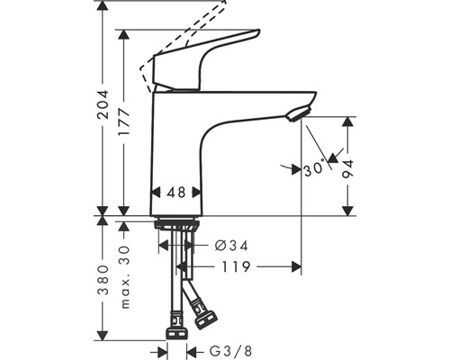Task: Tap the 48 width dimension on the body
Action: (175, 192)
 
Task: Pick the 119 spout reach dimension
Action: (236, 266)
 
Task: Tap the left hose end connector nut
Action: (176, 319)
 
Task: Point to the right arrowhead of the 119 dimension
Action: (295, 266)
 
